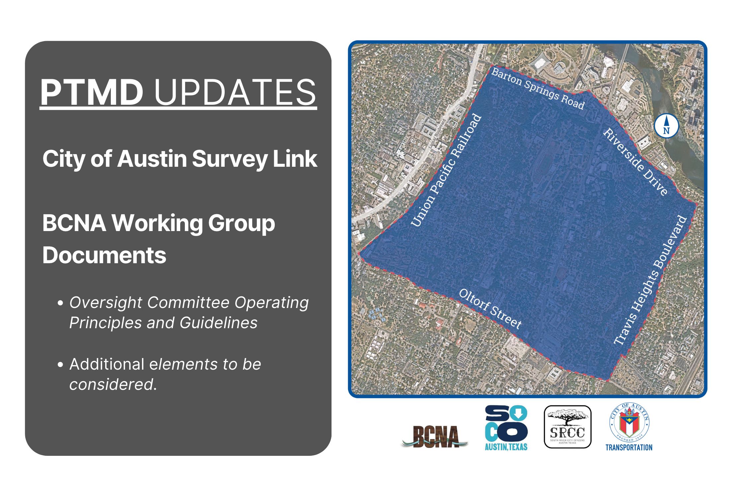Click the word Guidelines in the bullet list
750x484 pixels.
coord(219,323)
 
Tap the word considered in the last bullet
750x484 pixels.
coord(112,385)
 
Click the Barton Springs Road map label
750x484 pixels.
coord(537,89)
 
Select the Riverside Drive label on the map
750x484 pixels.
coord(635,161)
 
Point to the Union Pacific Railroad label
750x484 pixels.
coord(446,170)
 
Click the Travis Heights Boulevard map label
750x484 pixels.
coord(649,280)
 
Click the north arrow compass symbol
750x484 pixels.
coord(666,126)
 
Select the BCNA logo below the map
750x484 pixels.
coord(434,437)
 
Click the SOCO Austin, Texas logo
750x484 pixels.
coord(506,428)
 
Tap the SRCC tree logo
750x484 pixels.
coord(567,427)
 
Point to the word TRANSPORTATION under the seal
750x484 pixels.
coord(629,448)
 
